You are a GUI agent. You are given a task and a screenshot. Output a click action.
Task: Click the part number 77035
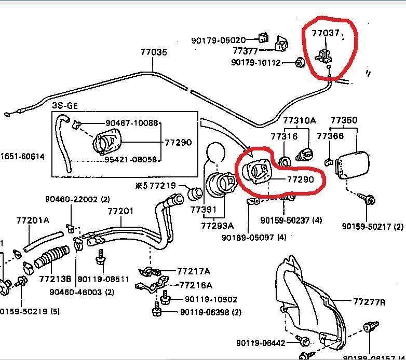(154, 52)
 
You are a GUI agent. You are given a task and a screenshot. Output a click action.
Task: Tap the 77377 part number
(246, 51)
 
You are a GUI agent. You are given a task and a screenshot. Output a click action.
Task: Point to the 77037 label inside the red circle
(326, 33)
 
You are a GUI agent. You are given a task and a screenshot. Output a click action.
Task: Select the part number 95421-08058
(131, 159)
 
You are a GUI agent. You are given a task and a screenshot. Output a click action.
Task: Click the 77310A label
(300, 121)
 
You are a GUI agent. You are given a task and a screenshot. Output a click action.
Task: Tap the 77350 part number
(344, 121)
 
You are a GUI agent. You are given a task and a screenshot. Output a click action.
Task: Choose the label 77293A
(217, 226)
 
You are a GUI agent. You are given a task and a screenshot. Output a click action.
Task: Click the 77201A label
(32, 220)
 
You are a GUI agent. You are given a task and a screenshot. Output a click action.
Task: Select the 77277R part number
(369, 302)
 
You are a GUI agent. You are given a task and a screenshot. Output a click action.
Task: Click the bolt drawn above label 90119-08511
(101, 256)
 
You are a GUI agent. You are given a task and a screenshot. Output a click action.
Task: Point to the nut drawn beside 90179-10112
(300, 63)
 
